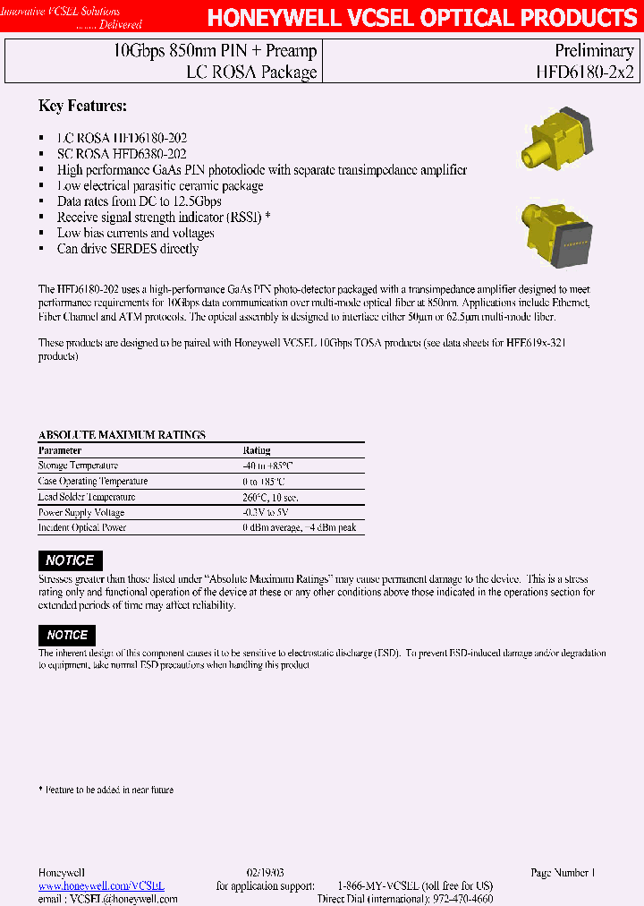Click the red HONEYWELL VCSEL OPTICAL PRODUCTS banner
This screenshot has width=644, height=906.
(x=422, y=19)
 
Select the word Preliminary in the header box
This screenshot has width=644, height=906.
(x=594, y=51)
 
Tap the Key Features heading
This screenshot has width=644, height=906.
(x=82, y=107)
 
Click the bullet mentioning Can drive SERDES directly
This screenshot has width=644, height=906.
(x=127, y=249)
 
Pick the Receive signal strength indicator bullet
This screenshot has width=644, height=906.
(x=163, y=218)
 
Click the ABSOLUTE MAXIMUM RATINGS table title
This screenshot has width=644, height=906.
(x=122, y=435)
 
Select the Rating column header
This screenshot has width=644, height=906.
(x=257, y=450)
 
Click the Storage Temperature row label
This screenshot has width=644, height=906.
(x=78, y=466)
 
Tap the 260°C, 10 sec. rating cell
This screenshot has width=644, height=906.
(x=270, y=497)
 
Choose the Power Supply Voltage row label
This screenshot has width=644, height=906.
(x=81, y=513)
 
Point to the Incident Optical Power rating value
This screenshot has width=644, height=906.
(x=299, y=528)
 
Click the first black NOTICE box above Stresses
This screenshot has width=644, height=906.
(x=70, y=560)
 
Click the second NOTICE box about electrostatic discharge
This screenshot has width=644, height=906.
(x=67, y=635)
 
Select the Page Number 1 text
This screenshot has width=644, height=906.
(x=563, y=872)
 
